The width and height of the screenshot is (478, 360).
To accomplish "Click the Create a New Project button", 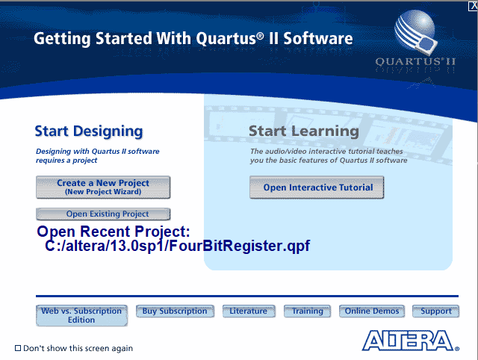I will pyautogui.click(x=103, y=187).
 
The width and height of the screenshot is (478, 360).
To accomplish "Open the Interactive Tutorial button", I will pyautogui.click(x=317, y=187).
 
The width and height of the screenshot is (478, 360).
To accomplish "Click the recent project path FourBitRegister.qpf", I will pyautogui.click(x=176, y=246).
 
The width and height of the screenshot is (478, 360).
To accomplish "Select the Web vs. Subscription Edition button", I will pyautogui.click(x=81, y=315).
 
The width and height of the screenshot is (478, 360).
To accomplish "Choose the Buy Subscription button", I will pyautogui.click(x=175, y=311).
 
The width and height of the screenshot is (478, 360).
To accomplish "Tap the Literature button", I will pyautogui.click(x=249, y=311).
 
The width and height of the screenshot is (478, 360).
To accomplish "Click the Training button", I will pyautogui.click(x=308, y=311).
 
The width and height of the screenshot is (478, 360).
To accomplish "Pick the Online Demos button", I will pyautogui.click(x=372, y=311).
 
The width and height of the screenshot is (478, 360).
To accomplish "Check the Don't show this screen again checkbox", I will pyautogui.click(x=19, y=348).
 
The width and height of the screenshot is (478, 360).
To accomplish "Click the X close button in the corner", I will pyautogui.click(x=471, y=5).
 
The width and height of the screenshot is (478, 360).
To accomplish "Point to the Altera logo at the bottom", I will pyautogui.click(x=410, y=341).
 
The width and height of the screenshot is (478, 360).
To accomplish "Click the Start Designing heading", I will pyautogui.click(x=88, y=131).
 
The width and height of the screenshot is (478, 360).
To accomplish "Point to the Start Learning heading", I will pyautogui.click(x=303, y=131).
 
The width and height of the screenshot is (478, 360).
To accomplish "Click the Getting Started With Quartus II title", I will pyautogui.click(x=193, y=39).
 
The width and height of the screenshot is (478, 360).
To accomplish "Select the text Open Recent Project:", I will pyautogui.click(x=114, y=232).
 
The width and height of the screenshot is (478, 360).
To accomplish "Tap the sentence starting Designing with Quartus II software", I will pyautogui.click(x=97, y=155).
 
